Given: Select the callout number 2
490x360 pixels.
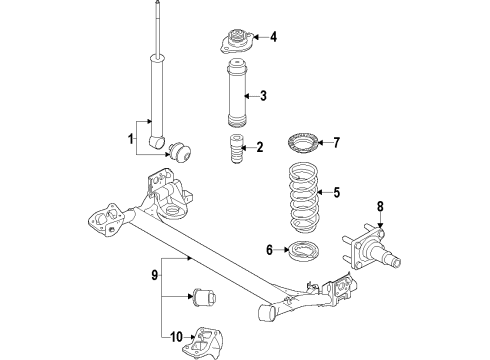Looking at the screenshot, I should (x=259, y=148).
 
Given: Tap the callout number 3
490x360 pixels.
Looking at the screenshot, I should (x=263, y=96).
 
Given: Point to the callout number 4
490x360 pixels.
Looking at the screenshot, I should (x=272, y=39).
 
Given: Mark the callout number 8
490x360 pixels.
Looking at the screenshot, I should (x=380, y=208).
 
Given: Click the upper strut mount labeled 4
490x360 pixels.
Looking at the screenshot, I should (x=234, y=46).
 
